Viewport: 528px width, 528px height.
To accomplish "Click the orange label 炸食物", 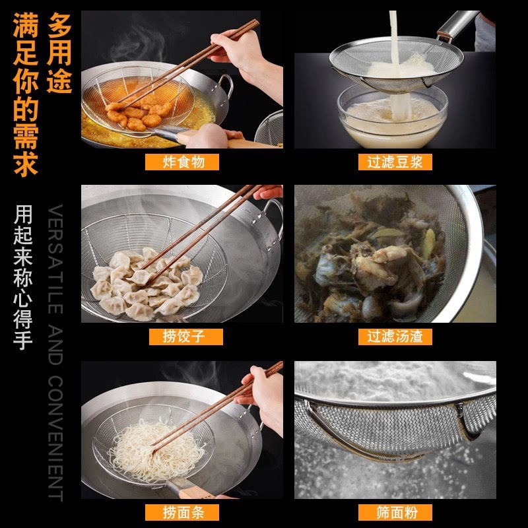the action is (x=182, y=162).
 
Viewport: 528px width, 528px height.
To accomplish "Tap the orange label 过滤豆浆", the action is (x=395, y=162).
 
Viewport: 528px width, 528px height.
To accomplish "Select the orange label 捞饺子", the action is (x=186, y=337).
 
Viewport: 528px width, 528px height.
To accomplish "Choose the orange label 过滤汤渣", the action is (x=395, y=337).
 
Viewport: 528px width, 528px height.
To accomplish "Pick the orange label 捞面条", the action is (x=182, y=512).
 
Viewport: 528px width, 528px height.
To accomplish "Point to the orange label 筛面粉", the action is (x=395, y=512).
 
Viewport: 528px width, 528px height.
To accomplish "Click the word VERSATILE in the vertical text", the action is (x=55, y=259).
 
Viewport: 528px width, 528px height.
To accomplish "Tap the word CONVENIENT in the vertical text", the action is (x=55, y=438).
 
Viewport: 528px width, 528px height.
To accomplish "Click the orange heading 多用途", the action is (x=59, y=53).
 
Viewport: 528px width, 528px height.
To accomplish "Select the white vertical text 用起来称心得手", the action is (x=23, y=277).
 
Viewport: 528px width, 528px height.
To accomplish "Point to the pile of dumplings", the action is (x=145, y=284).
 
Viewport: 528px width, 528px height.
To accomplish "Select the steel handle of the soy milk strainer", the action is (x=458, y=24).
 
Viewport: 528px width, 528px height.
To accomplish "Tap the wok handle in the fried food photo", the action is (x=225, y=86).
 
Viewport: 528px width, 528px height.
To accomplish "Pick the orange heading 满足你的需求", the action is (x=26, y=94).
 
